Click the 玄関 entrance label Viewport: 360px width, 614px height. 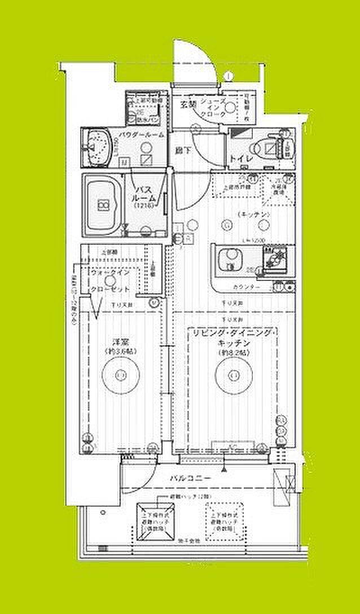[187, 104]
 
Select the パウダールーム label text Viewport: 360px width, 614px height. [142, 134]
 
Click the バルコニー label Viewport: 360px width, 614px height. [191, 479]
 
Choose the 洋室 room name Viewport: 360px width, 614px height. [119, 341]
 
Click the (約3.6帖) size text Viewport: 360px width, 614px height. [119, 352]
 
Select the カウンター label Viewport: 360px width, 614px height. [246, 287]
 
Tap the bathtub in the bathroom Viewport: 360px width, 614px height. [104, 204]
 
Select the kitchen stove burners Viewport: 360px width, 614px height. [275, 260]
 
